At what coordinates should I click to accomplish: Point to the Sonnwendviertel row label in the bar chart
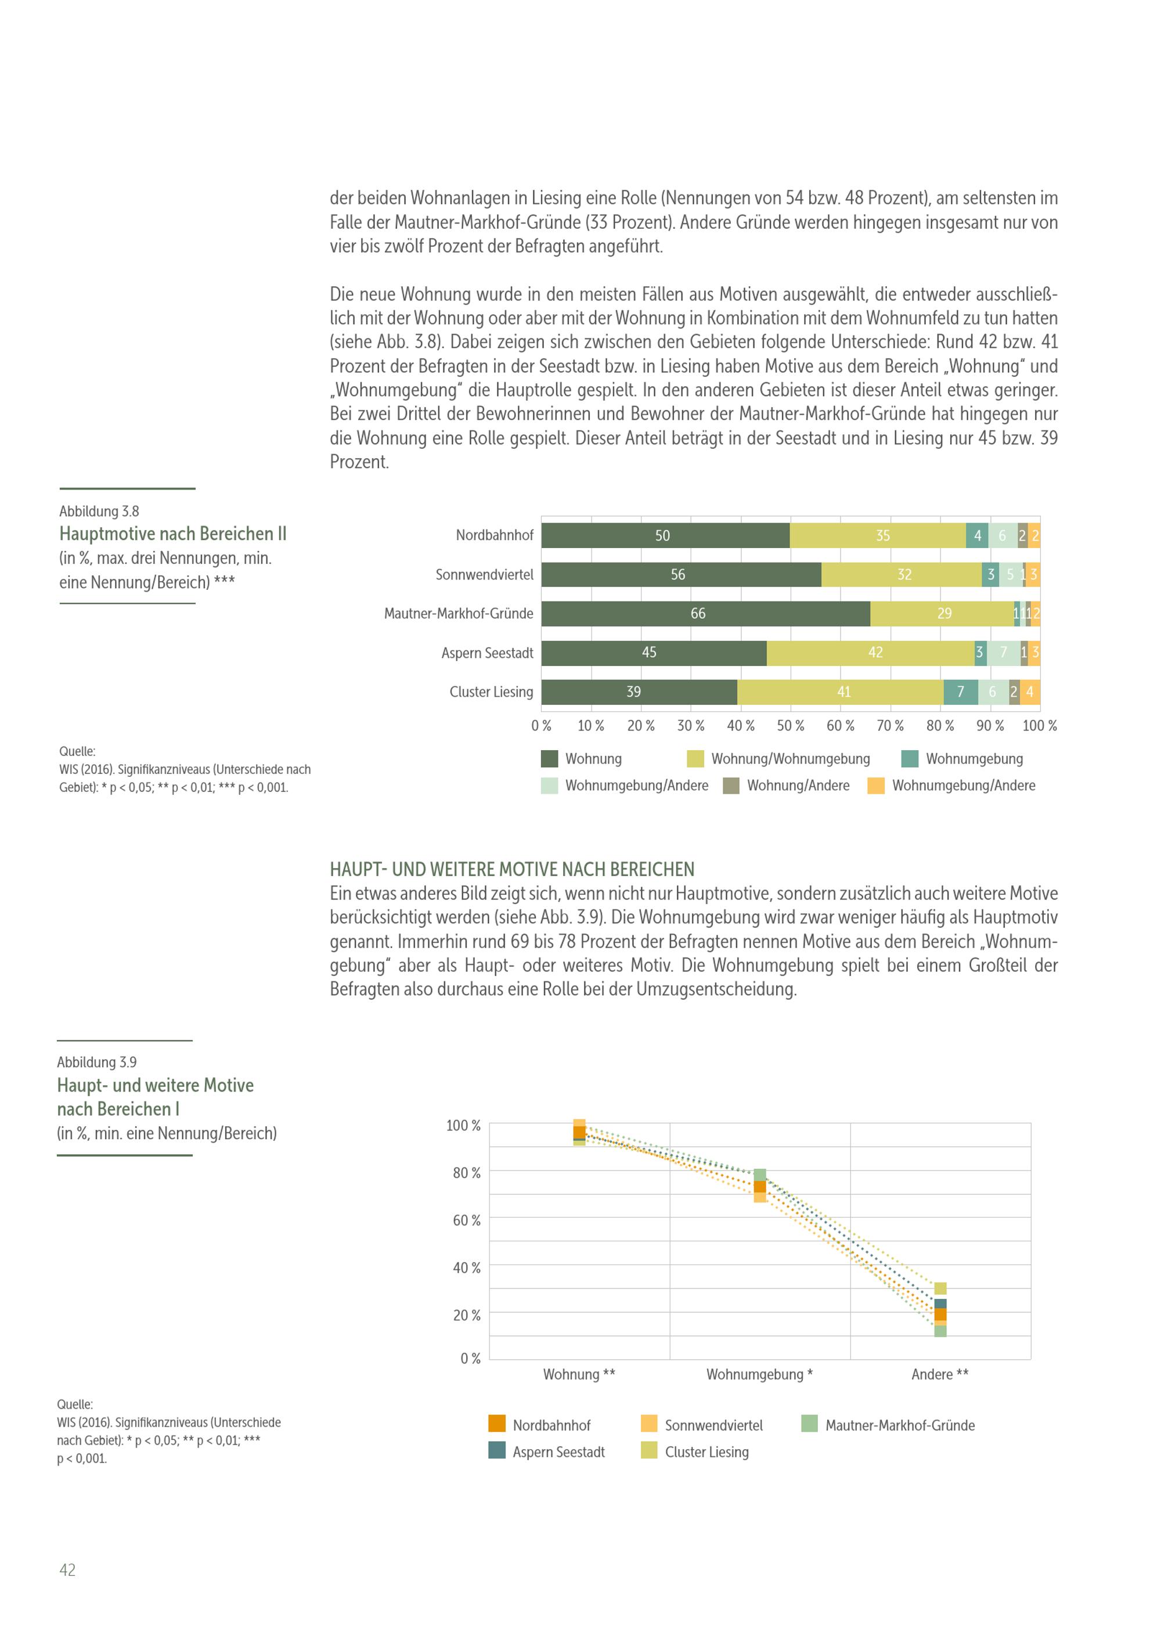[484, 575]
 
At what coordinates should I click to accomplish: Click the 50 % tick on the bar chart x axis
[790, 726]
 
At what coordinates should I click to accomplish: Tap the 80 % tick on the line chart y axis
[466, 1173]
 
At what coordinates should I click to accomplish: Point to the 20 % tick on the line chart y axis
[466, 1315]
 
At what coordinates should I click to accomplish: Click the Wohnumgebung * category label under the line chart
[759, 1374]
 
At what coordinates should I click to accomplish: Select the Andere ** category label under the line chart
[939, 1374]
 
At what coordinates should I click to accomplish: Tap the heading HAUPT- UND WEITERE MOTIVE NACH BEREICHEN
[512, 870]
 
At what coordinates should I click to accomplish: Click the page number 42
[67, 1571]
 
